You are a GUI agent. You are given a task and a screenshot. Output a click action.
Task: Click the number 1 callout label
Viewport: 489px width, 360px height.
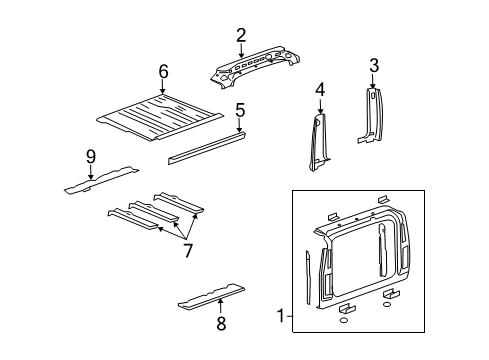tap(279, 318)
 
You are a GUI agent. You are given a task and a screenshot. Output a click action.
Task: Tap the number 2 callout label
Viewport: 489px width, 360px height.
tap(241, 36)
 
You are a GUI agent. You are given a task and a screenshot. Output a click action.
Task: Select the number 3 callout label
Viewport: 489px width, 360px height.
tap(373, 66)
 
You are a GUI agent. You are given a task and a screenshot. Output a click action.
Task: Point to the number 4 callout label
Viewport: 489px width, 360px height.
tap(320, 90)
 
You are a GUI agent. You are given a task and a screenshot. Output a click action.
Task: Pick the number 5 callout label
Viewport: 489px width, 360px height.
tap(240, 110)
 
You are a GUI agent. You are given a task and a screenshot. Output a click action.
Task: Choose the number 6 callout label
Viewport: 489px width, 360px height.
tap(163, 71)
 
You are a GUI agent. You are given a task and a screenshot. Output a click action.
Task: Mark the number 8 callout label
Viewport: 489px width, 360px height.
tap(221, 322)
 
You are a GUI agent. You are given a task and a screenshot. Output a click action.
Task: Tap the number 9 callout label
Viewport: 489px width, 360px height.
tap(90, 155)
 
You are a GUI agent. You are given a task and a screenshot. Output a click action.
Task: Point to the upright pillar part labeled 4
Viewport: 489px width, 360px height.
tap(321, 140)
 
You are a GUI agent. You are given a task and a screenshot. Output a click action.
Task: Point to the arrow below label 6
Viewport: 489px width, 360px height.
tap(163, 88)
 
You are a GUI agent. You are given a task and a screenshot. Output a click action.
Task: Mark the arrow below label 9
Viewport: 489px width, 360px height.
tap(90, 172)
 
